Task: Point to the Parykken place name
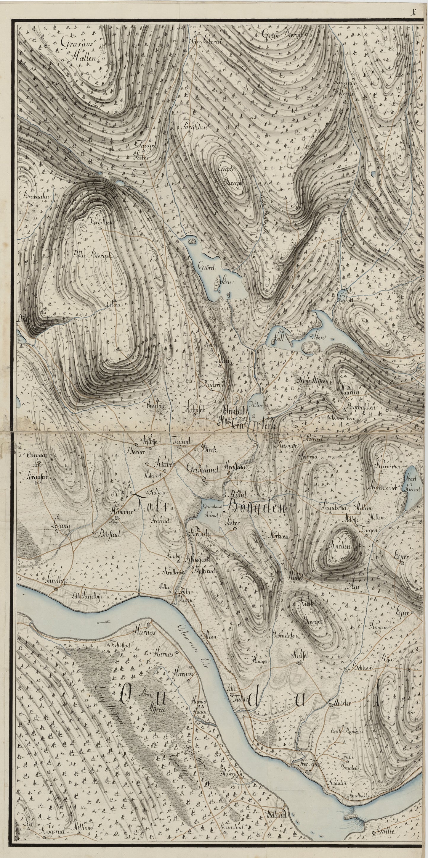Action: click(195, 127)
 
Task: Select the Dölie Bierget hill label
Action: click(90, 255)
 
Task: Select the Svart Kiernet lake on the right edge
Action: click(411, 489)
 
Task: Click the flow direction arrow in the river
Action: click(101, 622)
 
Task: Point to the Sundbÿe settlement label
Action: click(60, 580)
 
